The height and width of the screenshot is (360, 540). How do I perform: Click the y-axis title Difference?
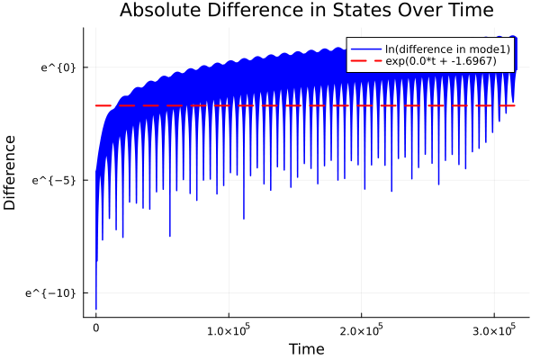[x=11, y=172]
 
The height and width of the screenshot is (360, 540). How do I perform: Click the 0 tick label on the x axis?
[x=96, y=329]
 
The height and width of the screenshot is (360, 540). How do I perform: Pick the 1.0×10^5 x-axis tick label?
[x=229, y=329]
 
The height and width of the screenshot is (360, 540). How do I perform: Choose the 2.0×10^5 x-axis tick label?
[x=362, y=329]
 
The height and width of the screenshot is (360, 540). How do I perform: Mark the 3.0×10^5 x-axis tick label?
[x=494, y=329]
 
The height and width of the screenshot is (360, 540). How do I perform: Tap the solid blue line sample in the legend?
[x=366, y=49]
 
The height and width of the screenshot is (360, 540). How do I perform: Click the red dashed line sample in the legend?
[x=366, y=61]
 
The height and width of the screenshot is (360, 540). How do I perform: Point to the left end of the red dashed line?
[x=96, y=105]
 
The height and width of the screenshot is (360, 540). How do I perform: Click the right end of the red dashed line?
[x=516, y=105]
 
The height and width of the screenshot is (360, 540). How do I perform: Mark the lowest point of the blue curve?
[x=96, y=309]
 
